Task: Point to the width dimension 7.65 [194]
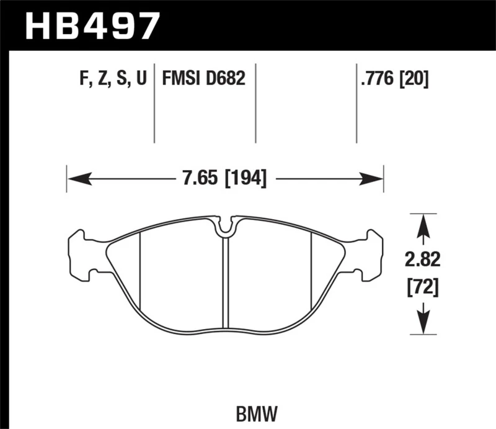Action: click(224, 179)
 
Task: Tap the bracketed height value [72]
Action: click(422, 287)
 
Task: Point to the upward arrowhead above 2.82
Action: click(422, 225)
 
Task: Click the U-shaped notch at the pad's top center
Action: click(226, 227)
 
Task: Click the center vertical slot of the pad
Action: click(226, 279)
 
